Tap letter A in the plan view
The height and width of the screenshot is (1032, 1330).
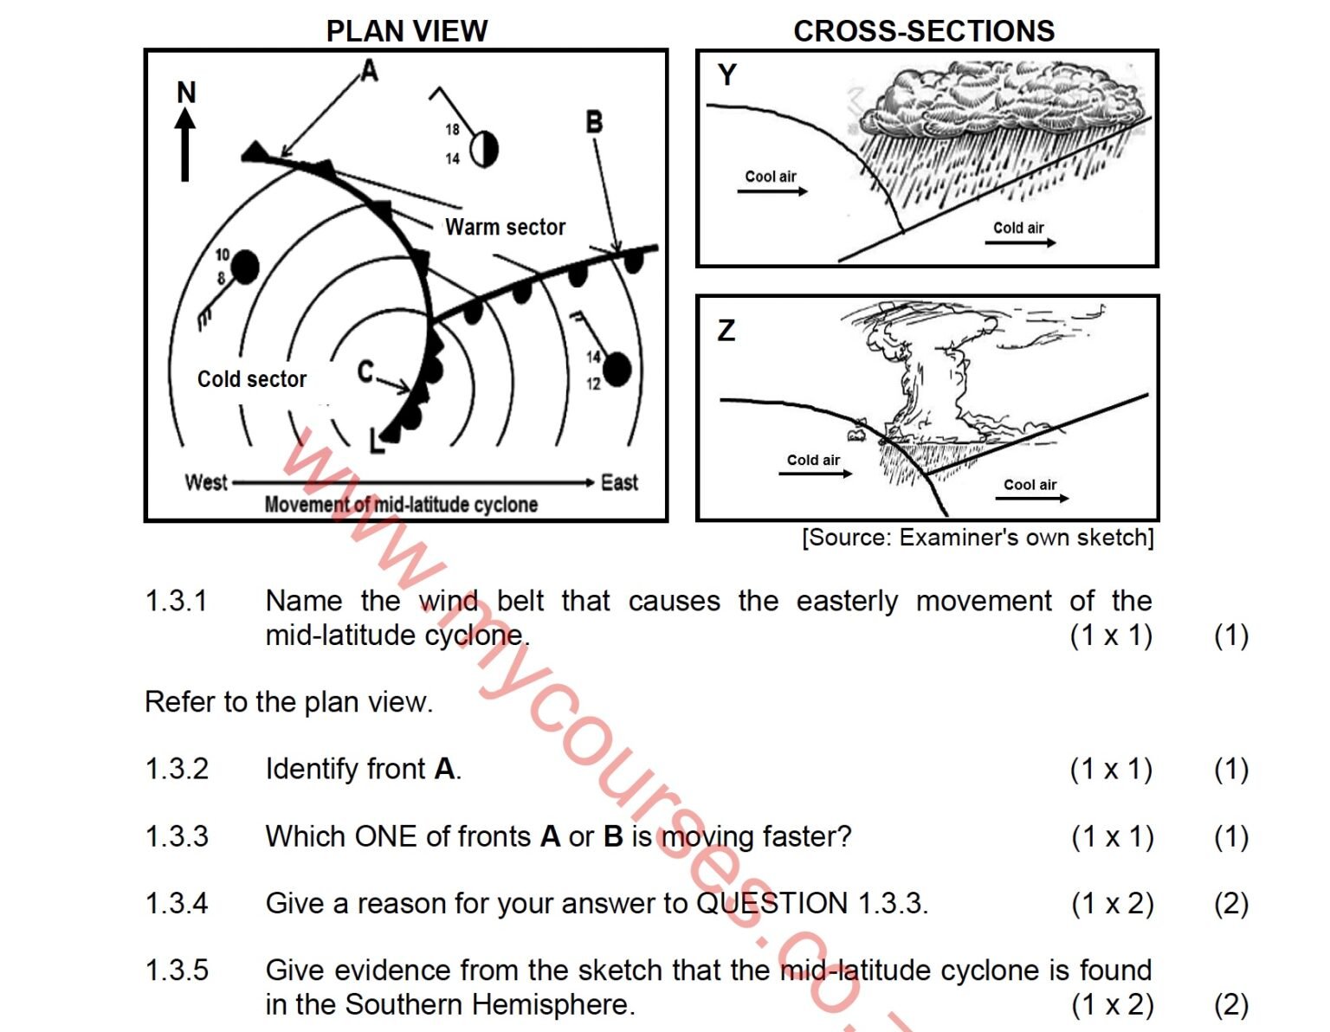coord(370,70)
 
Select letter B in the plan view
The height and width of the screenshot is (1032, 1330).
coord(594,122)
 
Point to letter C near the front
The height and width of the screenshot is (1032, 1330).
coord(365,372)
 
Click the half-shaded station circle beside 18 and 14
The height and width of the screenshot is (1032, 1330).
coord(484,149)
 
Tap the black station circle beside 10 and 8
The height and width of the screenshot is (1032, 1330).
coord(245,268)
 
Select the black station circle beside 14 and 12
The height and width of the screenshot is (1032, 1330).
coord(617,370)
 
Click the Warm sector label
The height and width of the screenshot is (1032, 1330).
coord(505,228)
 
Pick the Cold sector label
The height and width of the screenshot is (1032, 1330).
coord(252,379)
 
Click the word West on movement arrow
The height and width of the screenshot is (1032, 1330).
coord(206,482)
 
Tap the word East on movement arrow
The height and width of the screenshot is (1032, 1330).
coord(619,482)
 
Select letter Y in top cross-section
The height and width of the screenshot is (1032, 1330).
coord(727,75)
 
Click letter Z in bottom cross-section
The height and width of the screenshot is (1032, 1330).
coord(726,330)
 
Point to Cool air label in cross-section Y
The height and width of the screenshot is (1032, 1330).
coord(771,177)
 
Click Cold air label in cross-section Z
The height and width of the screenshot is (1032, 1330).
coord(813,461)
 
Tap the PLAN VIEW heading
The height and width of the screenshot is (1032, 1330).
coord(406,31)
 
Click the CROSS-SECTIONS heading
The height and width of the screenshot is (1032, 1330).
coord(924,31)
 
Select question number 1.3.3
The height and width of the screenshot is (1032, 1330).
coord(177,836)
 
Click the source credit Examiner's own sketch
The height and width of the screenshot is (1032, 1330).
coord(978,538)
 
